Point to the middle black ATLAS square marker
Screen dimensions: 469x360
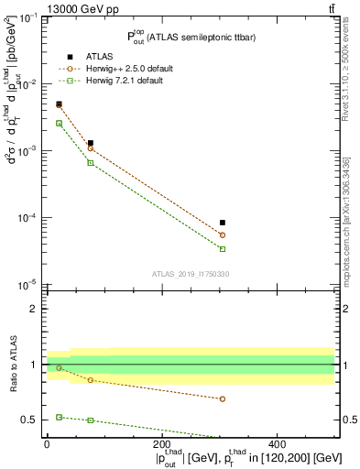90,143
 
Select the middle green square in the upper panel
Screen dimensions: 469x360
90,163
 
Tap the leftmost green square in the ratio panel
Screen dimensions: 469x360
59,417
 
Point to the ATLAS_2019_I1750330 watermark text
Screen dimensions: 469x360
190,274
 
